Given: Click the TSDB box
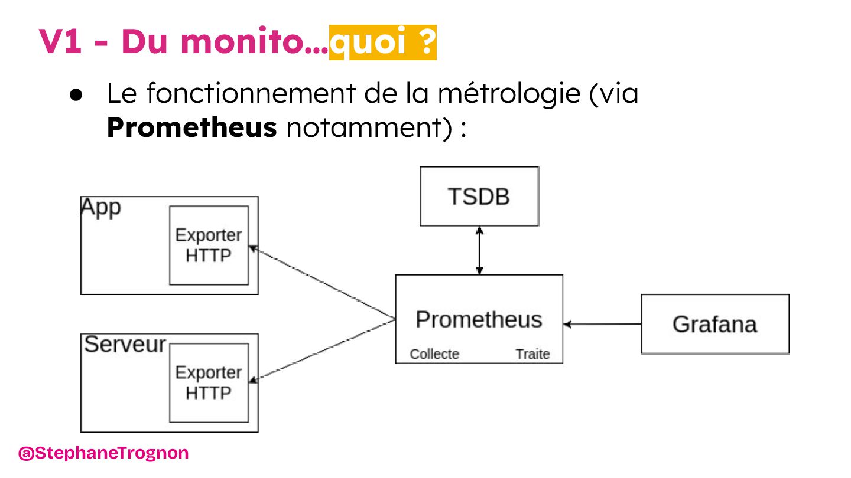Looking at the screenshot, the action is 479,197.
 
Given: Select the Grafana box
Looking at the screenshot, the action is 714,324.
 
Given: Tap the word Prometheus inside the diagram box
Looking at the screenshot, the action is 478,319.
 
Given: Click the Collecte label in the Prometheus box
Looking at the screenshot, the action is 434,354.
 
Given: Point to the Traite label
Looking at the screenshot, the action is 532,354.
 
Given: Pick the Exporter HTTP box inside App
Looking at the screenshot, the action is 209,245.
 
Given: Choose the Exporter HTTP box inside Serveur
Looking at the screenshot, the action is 209,383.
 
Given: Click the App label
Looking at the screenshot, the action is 100,208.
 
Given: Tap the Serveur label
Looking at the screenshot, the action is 125,344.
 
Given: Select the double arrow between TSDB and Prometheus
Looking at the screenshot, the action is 479,250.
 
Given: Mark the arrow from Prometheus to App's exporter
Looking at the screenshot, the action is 322,283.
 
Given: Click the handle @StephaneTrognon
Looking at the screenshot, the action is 103,453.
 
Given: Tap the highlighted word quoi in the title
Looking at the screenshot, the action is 369,42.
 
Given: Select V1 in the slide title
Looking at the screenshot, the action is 60,42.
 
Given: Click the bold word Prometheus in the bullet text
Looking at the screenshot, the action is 191,127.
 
